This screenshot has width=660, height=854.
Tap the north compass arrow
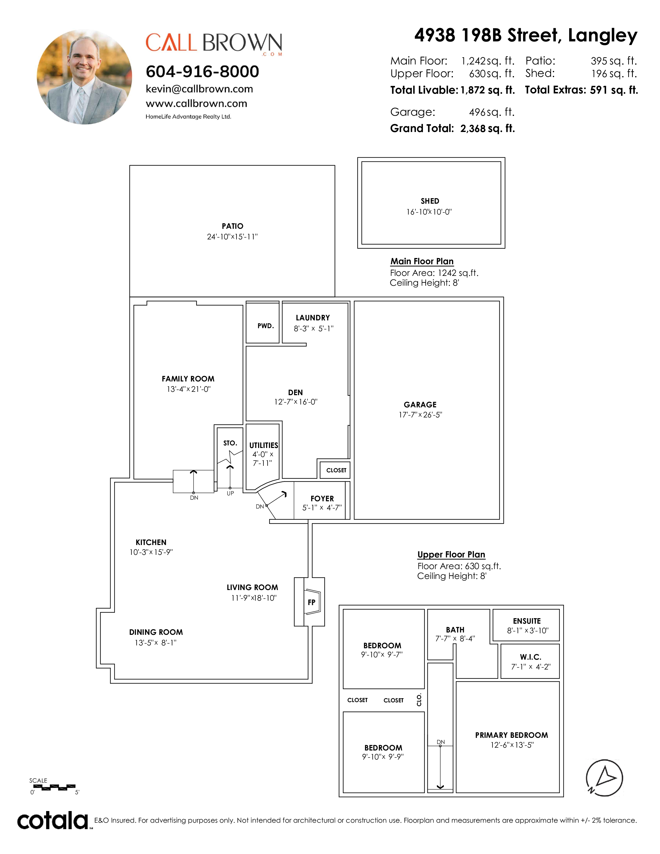pos(604,778)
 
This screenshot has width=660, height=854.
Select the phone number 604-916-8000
pos(202,72)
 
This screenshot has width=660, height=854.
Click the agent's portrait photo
pos(84,77)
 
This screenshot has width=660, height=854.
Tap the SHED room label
pos(430,201)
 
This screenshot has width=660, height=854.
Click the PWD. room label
pos(266,326)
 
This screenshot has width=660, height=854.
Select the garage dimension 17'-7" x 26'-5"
pos(420,415)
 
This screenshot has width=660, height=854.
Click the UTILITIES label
pos(263,445)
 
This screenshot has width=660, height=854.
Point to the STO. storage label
pos(230,443)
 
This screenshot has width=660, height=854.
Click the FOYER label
pos(322,499)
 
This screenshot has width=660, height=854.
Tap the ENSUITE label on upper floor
pos(527,621)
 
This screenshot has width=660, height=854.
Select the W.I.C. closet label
pos(531,657)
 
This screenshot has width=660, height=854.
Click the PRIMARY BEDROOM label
pos(511,735)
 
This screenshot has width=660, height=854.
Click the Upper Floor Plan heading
pos(451,555)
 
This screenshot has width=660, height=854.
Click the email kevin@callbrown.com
pos(199,89)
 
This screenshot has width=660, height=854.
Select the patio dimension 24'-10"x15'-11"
pos(232,237)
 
